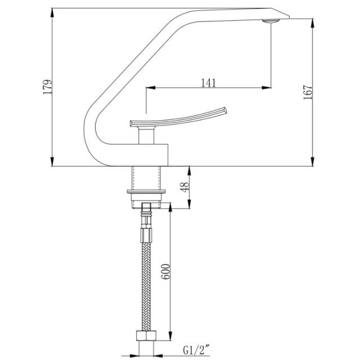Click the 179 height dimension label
click(x=48, y=87)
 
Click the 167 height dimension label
click(x=308, y=92)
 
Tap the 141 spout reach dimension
click(x=209, y=83)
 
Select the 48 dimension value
click(x=184, y=187)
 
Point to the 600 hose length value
click(x=165, y=272)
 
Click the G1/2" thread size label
click(x=196, y=350)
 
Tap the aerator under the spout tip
click(x=271, y=21)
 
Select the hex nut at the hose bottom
click(x=146, y=336)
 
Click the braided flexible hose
click(x=146, y=286)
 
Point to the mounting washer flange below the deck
click(x=146, y=191)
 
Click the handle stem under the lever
click(x=146, y=136)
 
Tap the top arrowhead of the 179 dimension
click(x=52, y=13)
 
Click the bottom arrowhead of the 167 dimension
click(x=312, y=161)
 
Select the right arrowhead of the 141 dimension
click(x=266, y=88)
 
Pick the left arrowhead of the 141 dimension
click(x=151, y=88)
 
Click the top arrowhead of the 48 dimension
click(x=189, y=170)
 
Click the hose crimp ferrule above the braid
click(x=146, y=235)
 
